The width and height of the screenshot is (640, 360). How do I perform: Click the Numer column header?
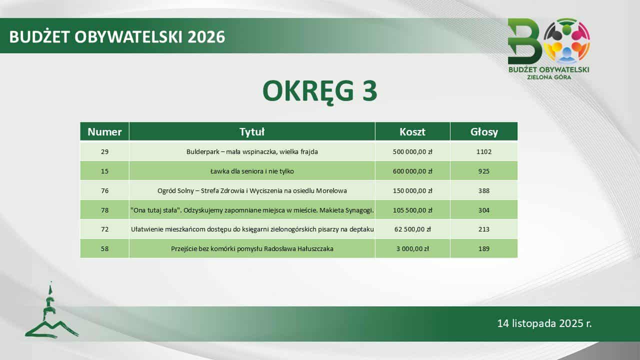click(104, 131)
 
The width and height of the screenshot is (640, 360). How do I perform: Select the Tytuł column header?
click(252, 131)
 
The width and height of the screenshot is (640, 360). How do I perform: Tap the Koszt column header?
click(412, 131)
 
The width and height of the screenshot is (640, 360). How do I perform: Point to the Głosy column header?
click(484, 132)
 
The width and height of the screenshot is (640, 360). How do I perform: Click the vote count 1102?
click(484, 151)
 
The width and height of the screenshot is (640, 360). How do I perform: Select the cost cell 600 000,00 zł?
click(412, 171)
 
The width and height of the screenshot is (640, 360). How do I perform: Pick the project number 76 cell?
click(104, 190)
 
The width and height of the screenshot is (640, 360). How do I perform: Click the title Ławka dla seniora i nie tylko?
click(252, 171)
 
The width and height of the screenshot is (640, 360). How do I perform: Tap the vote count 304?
click(484, 210)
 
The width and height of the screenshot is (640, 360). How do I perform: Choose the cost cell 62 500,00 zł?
click(412, 229)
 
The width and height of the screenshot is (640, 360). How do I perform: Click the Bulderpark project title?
click(252, 151)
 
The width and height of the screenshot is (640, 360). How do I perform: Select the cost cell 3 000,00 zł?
click(412, 248)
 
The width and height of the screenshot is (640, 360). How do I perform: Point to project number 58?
click(104, 248)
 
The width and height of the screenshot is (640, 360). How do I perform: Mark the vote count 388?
click(484, 190)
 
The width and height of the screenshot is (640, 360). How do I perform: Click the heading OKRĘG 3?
click(320, 91)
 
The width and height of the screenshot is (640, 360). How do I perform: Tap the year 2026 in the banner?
click(206, 37)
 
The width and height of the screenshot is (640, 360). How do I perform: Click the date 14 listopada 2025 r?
click(544, 323)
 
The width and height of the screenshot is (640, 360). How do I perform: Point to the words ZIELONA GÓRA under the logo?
click(549, 77)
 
